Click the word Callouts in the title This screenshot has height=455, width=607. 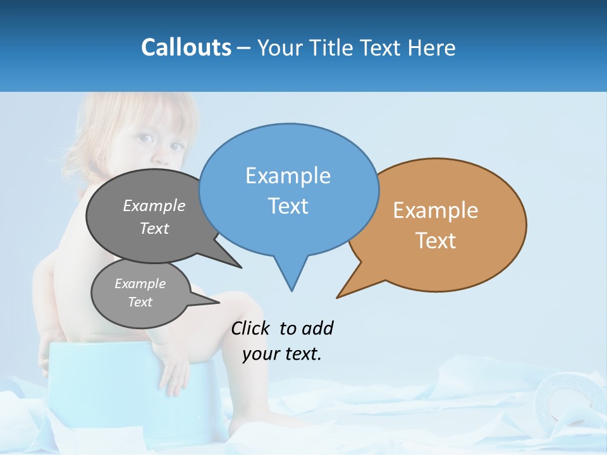(186, 47)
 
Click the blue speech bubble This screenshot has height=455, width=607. (288, 158)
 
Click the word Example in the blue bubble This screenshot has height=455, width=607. (288, 176)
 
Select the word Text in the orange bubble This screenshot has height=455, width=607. (436, 241)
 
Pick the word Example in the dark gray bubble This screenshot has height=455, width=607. (154, 205)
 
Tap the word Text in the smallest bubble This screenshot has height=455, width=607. (140, 302)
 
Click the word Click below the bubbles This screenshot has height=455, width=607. (250, 328)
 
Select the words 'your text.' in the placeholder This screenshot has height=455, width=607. (281, 354)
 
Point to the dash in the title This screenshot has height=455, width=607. (245, 47)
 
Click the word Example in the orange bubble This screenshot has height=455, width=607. (436, 210)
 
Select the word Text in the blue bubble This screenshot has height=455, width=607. (288, 206)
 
